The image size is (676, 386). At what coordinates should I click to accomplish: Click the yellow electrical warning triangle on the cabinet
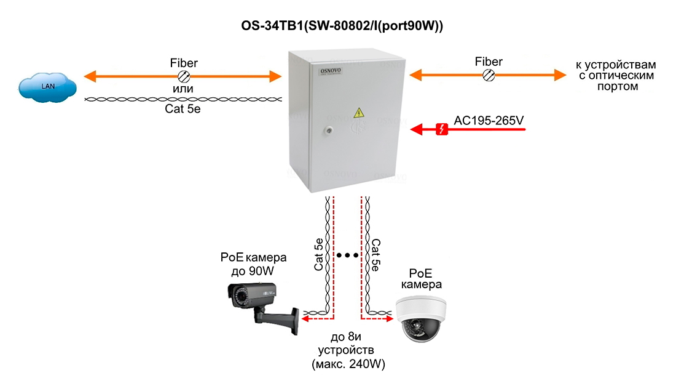(358, 113)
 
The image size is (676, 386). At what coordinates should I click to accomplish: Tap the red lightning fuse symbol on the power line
(441, 129)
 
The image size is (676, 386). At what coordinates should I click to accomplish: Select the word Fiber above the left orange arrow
(184, 63)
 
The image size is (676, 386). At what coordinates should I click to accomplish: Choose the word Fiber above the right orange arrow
(489, 62)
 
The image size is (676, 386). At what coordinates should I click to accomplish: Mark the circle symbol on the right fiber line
(489, 75)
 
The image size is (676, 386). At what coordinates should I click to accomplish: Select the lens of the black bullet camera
(232, 297)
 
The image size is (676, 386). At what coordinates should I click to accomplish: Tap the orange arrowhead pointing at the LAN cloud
(90, 76)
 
